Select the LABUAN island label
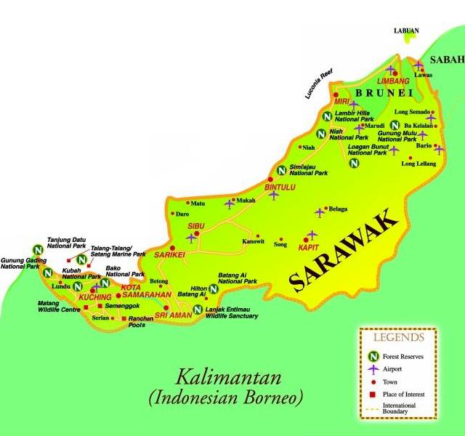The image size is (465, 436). point(406,31)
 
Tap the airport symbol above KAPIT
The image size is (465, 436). point(312,235)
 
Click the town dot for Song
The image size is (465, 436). point(280,238)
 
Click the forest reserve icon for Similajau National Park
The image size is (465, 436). point(281,171)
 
